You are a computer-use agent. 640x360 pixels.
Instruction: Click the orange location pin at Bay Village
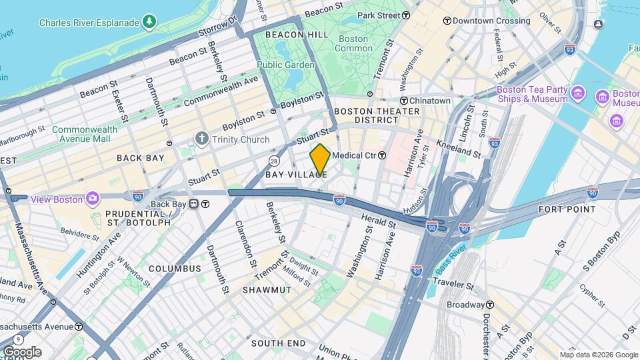[x=320, y=160]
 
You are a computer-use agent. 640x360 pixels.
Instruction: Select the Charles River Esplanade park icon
[x=151, y=23]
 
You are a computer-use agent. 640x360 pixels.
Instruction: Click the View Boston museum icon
[x=92, y=199]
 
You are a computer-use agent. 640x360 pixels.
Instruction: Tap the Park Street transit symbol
[x=406, y=15]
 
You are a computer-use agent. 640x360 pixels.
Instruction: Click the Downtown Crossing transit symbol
[x=447, y=21]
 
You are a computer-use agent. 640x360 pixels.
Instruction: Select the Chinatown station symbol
[x=404, y=101]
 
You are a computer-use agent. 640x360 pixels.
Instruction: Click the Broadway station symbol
[x=489, y=305]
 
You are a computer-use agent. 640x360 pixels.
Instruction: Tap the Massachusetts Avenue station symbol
[x=79, y=327]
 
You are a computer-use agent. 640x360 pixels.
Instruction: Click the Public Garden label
[x=285, y=65]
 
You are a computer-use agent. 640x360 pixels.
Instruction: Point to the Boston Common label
[x=353, y=43]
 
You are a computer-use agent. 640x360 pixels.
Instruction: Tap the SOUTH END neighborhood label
[x=278, y=343]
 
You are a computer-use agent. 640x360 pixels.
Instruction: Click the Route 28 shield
[x=274, y=161]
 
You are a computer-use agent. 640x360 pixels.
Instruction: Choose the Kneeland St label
[x=459, y=148]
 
